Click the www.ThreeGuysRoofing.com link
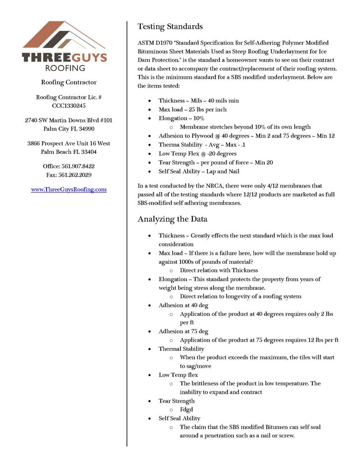tap(69, 189)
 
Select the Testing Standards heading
tap(170, 26)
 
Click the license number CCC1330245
tap(69, 106)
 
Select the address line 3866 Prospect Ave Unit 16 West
tap(69, 144)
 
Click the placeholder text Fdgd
tap(187, 410)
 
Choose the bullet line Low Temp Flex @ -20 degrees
tap(197, 153)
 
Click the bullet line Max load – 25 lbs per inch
tap(193, 110)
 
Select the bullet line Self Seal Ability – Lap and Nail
tap(199, 171)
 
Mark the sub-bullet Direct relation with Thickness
tap(219, 270)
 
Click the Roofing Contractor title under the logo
tap(69, 82)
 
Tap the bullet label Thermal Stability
tap(181, 349)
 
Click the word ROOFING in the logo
tap(65, 68)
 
